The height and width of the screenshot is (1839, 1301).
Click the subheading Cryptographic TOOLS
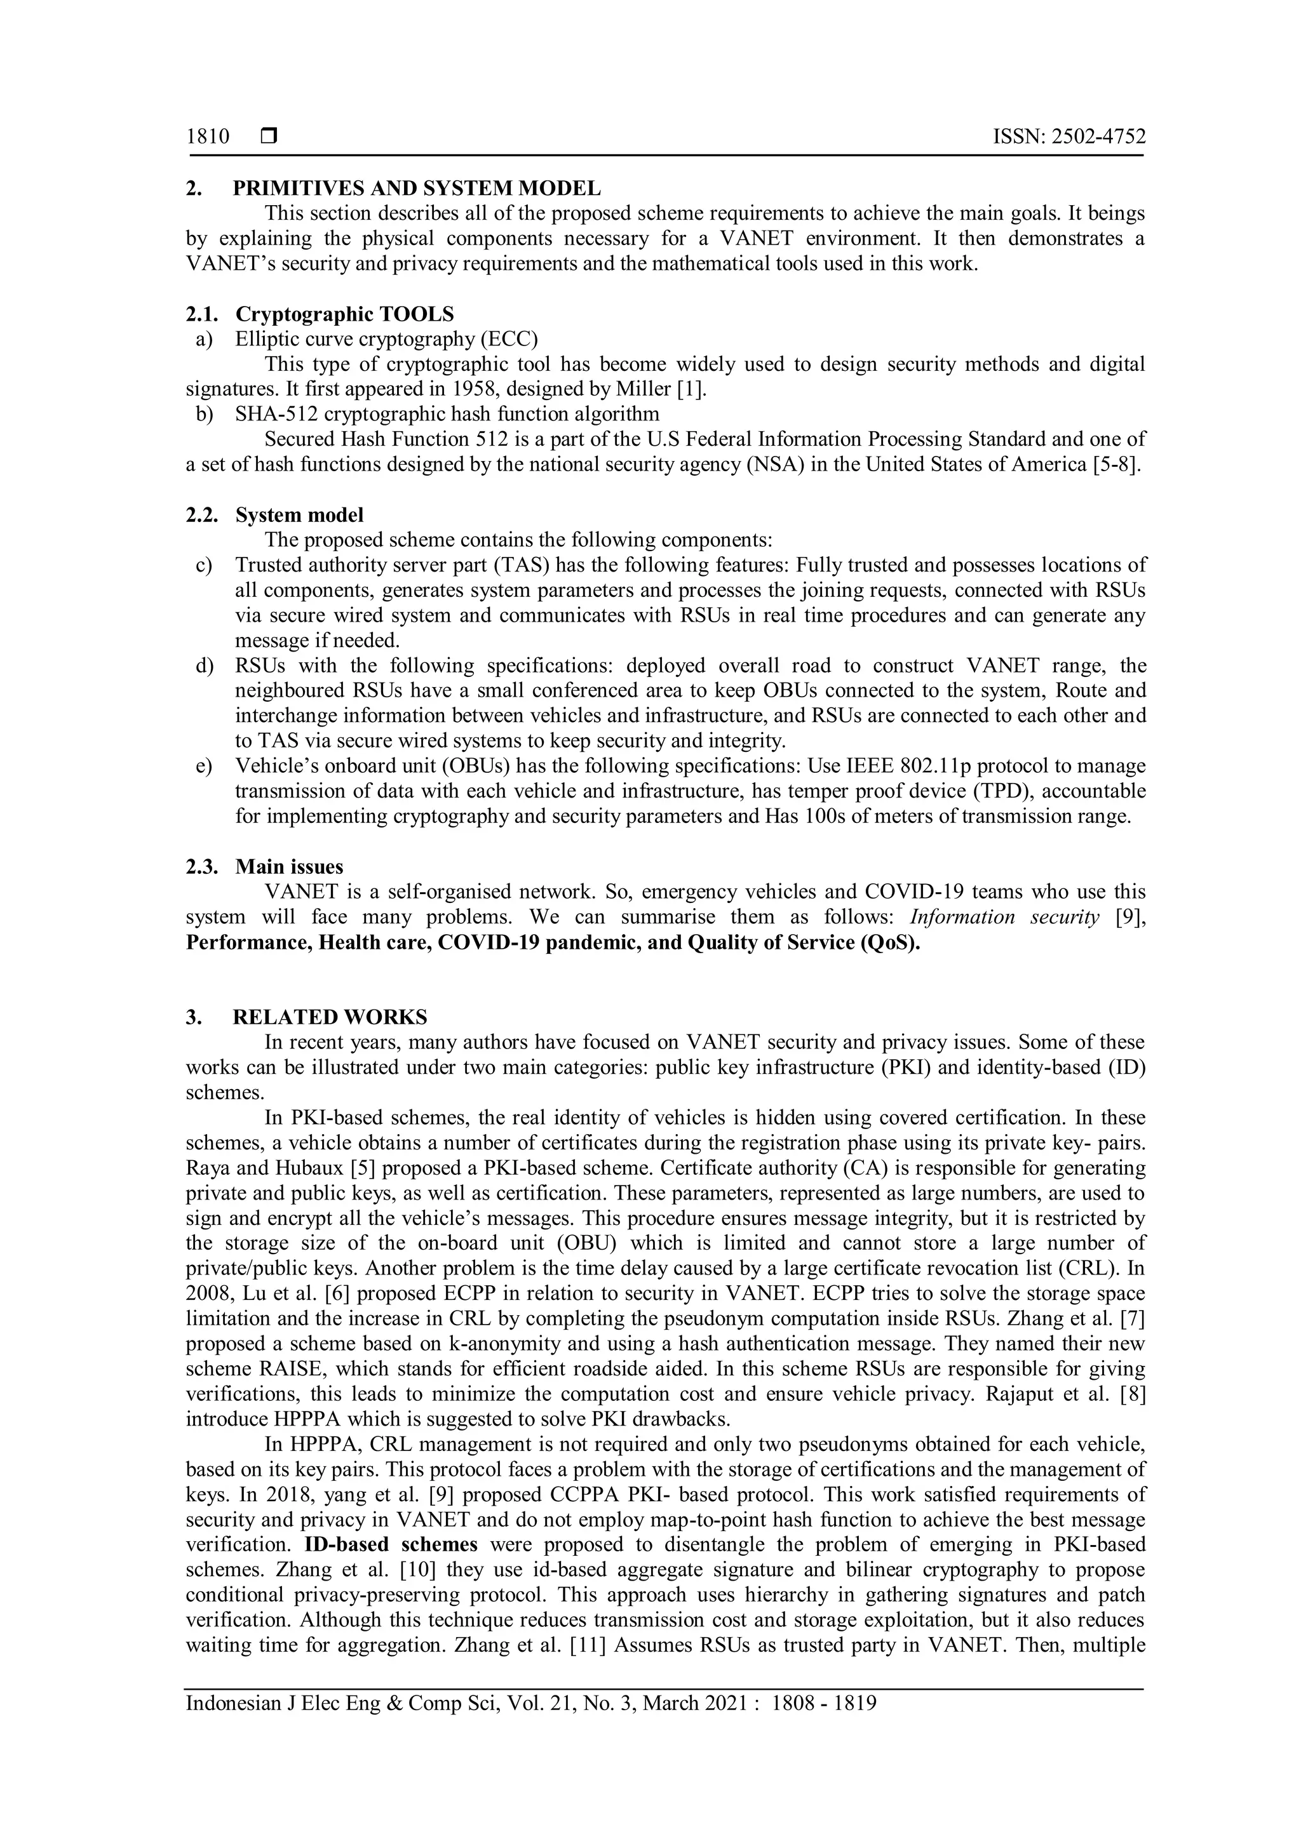pos(344,314)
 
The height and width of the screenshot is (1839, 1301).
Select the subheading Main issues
pos(288,867)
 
